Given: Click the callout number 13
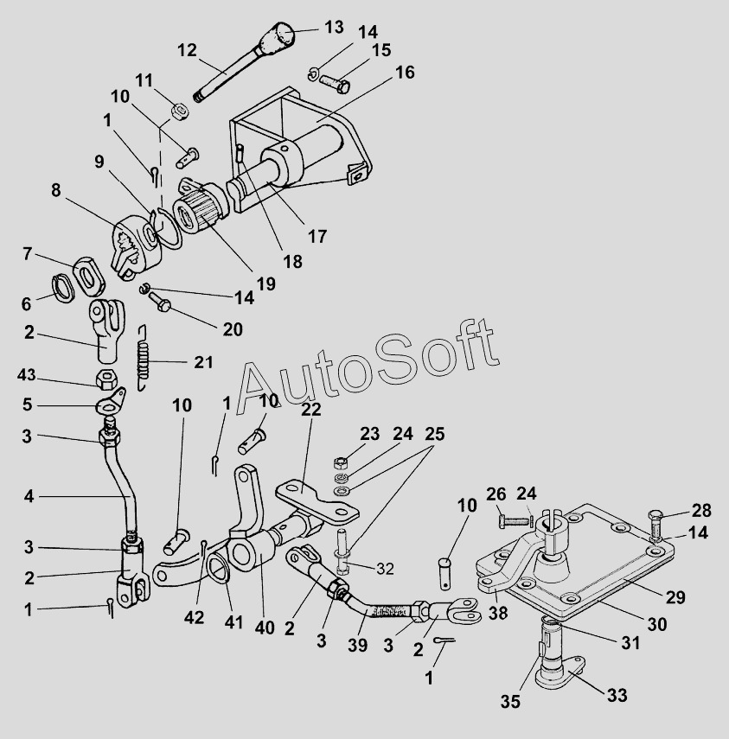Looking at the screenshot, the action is pyautogui.click(x=334, y=27).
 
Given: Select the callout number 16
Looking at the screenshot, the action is pyautogui.click(x=405, y=73).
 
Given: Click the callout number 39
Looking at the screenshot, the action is pyautogui.click(x=357, y=646).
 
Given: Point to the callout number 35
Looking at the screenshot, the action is pyautogui.click(x=512, y=701).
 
